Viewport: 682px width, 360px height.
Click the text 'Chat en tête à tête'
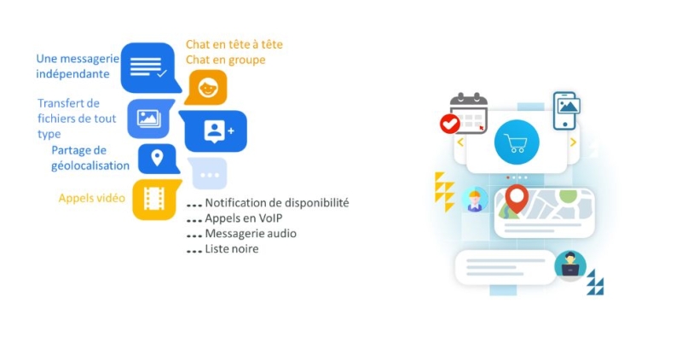234,44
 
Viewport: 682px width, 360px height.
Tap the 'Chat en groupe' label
225,60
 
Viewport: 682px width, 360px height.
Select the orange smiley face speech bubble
206,88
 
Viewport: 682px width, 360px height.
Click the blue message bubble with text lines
149,67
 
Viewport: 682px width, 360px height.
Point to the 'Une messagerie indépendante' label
78,67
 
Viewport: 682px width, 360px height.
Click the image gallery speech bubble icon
150,119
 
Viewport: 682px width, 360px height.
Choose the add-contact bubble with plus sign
214,131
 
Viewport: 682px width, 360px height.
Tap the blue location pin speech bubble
158,159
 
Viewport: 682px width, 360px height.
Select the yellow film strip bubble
155,200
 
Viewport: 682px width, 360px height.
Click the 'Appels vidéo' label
92,198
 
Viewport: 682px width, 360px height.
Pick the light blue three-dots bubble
208,174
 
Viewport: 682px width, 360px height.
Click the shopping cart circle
517,142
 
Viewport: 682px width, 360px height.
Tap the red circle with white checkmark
450,124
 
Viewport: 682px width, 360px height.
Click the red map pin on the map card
517,199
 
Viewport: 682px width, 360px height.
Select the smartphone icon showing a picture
566,111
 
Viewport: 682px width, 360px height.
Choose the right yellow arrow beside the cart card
573,142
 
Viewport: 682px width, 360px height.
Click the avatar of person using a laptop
570,266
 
